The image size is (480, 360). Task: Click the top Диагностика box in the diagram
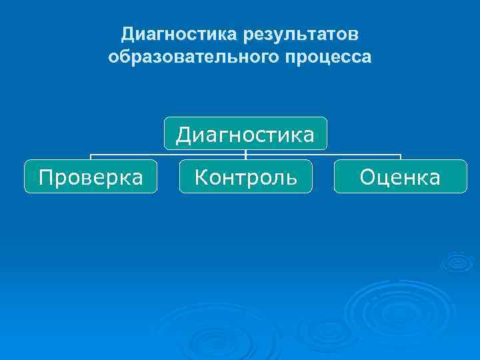245,134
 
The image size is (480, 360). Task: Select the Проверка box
91,177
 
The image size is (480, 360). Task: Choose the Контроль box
245,177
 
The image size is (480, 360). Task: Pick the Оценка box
400,177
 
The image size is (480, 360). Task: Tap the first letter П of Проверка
45,177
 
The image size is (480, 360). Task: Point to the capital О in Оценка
367,177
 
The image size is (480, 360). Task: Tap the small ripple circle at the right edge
458,261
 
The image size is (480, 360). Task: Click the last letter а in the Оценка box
434,178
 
